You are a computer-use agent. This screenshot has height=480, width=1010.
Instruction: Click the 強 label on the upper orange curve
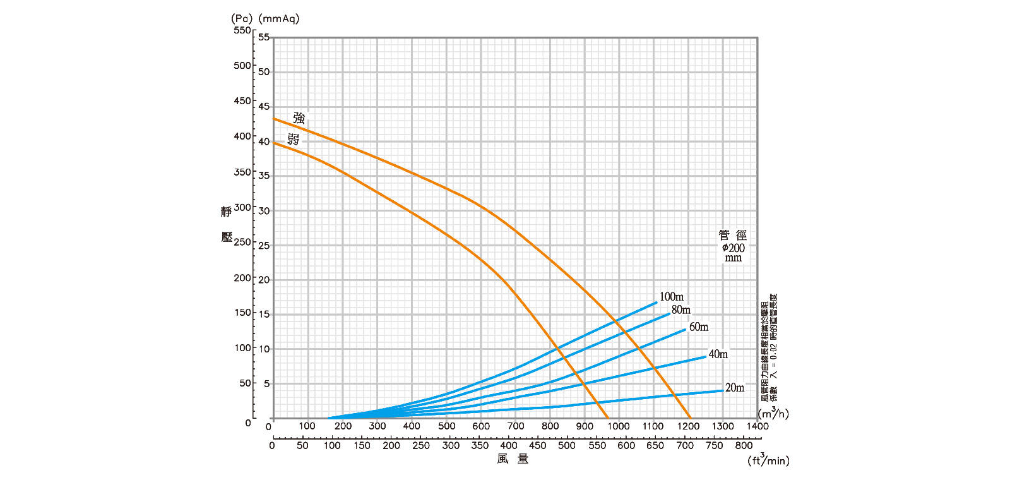point(299,118)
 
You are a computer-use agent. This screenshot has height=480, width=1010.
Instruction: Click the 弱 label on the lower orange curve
point(294,140)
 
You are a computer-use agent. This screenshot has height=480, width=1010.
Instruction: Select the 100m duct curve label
point(672,297)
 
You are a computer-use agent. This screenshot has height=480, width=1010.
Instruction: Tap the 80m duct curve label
point(681,310)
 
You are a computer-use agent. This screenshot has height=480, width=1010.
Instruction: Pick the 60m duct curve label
point(699,327)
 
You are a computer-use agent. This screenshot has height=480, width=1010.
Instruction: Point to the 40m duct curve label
point(718,354)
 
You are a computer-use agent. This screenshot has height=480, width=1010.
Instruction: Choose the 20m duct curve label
point(735,388)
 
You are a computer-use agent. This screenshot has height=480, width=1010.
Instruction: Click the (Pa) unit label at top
point(242,18)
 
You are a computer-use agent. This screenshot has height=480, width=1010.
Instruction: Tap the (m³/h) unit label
point(773,414)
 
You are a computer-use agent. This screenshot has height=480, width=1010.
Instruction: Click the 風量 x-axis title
point(513,459)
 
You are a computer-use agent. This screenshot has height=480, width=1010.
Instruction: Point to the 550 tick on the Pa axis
point(242,30)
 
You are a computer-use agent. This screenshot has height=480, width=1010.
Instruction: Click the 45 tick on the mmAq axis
point(264,107)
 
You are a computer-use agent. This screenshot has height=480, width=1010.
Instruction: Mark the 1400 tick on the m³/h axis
point(757,426)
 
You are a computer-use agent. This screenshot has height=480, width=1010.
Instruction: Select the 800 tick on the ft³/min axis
point(744,445)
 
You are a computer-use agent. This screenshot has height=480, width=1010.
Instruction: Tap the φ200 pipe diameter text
point(734,248)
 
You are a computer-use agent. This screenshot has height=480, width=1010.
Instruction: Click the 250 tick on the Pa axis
point(242,242)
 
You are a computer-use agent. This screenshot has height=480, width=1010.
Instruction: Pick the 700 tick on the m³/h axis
point(516,426)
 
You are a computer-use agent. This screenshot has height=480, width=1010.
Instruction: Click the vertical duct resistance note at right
point(769,347)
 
